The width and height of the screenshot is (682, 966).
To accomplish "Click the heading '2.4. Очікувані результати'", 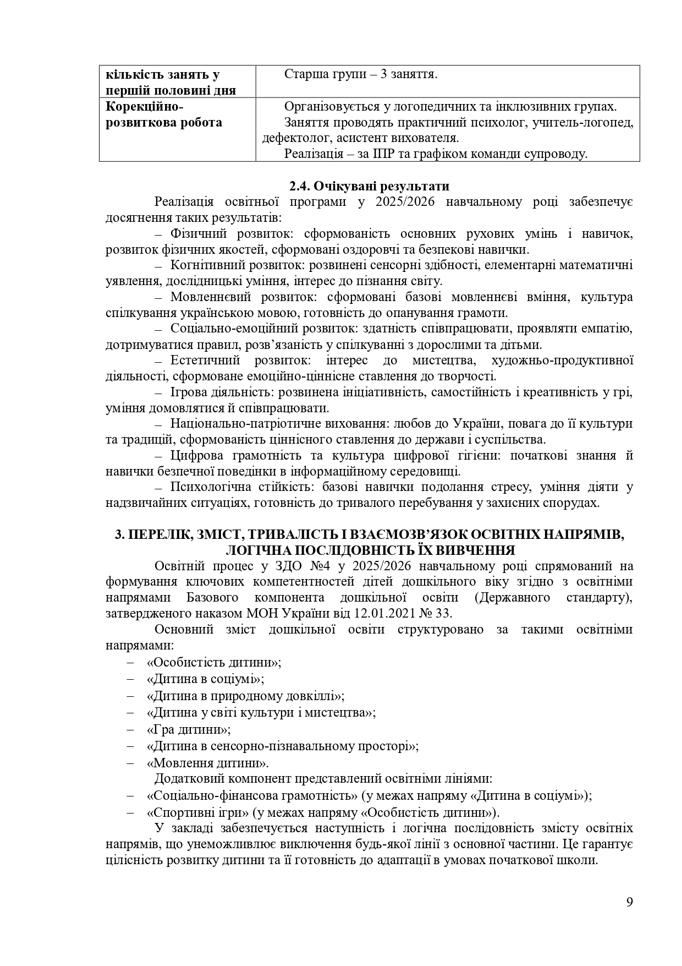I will pyautogui.click(x=369, y=186).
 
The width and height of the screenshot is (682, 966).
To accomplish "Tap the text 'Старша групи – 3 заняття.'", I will pyautogui.click(x=361, y=74).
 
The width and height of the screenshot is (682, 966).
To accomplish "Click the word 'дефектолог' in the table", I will pyautogui.click(x=294, y=138).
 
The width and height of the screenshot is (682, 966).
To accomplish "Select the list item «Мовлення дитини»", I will pyautogui.click(x=208, y=763).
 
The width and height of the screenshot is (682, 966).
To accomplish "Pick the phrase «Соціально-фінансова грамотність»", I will pyautogui.click(x=252, y=795).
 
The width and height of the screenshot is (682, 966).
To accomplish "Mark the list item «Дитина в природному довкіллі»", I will pyautogui.click(x=245, y=696).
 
